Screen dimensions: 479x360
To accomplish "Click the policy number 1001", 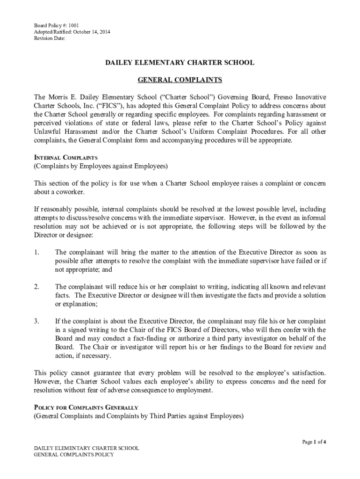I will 66,25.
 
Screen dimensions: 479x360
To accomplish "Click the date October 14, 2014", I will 87,32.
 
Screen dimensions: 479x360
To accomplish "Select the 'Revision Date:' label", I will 50,39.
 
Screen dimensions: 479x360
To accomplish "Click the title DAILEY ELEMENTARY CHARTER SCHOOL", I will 180,63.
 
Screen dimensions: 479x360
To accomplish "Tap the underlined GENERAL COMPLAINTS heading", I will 180,80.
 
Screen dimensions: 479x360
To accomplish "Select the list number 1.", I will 36,253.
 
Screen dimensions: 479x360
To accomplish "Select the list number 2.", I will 36,286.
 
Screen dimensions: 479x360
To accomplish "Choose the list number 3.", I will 36,321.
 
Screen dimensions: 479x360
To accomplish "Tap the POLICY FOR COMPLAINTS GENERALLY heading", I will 86,407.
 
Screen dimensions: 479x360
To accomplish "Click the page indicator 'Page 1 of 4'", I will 314,442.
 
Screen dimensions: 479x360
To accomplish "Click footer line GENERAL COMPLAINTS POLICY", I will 74,455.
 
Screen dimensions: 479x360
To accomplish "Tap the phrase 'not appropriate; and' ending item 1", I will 84,269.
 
